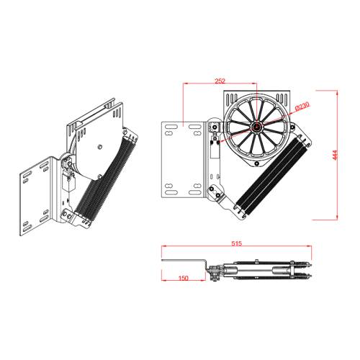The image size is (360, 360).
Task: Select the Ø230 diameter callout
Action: point(302,107)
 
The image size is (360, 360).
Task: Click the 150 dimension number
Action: point(183,277)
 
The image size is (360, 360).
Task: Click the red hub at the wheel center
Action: point(256,126)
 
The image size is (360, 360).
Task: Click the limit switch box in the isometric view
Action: point(68,180)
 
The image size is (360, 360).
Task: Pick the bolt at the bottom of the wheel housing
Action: point(256,163)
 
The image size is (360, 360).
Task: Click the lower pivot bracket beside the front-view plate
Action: point(214,190)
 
